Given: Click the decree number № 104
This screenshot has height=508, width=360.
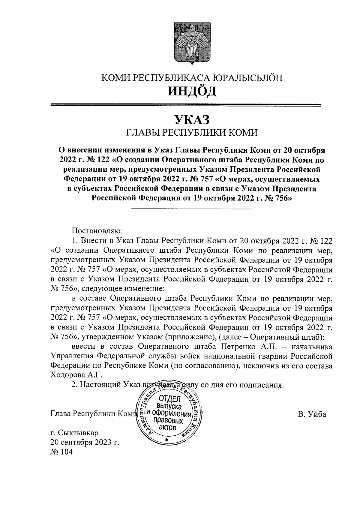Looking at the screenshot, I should (x=61, y=452).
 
